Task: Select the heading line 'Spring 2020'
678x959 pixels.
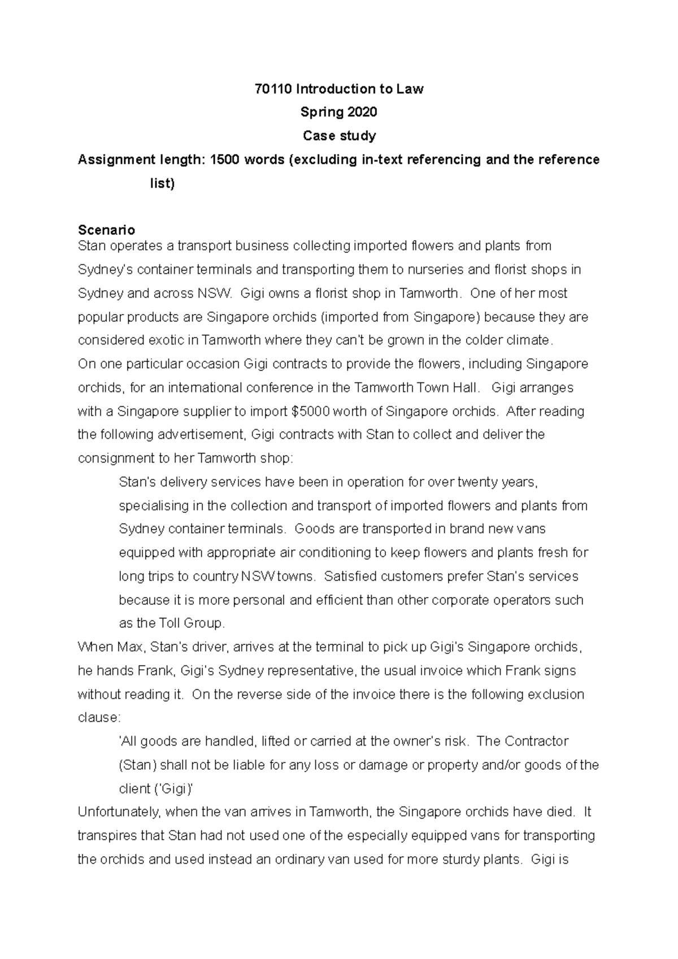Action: (x=338, y=112)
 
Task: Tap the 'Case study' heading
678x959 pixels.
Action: (x=339, y=136)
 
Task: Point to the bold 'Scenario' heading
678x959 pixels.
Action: (x=106, y=230)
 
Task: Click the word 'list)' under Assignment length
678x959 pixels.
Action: (x=162, y=184)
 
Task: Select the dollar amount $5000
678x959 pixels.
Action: (x=310, y=412)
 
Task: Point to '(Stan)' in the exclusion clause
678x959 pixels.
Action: (x=137, y=765)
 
